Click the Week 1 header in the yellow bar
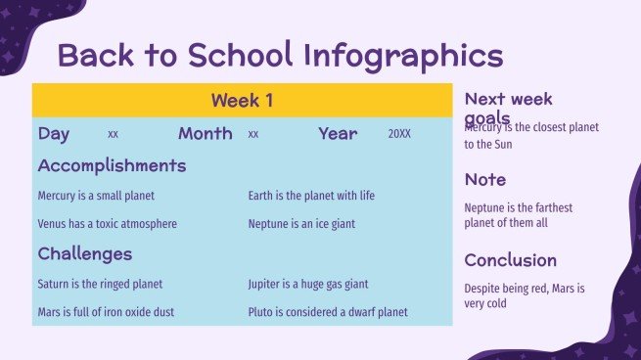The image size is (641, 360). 242,100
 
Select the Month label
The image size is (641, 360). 206,133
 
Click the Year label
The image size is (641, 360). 338,133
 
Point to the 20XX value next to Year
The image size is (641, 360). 399,134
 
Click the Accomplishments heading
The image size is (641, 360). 112,165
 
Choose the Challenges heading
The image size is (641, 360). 85,254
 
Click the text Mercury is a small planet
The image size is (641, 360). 96,196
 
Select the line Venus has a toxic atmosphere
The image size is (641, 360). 108,224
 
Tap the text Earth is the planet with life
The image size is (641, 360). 311,196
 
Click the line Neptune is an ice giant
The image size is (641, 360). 301,224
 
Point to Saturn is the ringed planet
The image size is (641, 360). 100,285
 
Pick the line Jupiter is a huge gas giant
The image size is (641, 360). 308,285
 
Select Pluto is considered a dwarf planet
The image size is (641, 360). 328,313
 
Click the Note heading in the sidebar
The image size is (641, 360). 485,180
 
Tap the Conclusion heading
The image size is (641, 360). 511,260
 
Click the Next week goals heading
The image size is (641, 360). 508,107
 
